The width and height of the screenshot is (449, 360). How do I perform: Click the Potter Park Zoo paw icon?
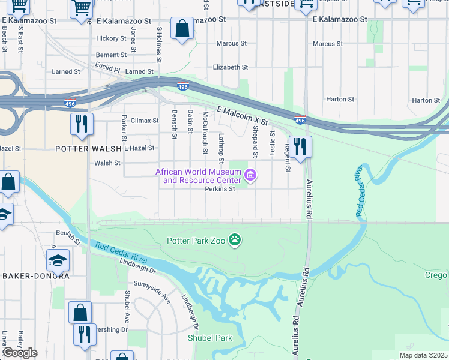pyautogui.click(x=235, y=241)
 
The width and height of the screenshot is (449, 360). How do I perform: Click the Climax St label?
pyautogui.click(x=140, y=121)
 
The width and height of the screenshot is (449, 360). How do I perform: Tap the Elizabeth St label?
pyautogui.click(x=231, y=67)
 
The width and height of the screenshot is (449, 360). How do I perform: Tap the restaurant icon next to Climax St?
pyautogui.click(x=81, y=124)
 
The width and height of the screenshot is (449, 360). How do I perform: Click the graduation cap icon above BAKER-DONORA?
pyautogui.click(x=58, y=260)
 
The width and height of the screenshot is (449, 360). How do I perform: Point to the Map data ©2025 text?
pyautogui.click(x=423, y=355)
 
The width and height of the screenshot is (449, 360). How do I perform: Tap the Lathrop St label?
pyautogui.click(x=221, y=148)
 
